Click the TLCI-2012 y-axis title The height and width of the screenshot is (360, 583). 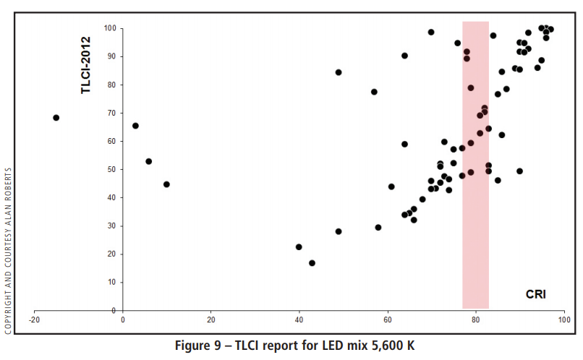click(x=86, y=65)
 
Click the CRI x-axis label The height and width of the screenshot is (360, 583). click(x=536, y=294)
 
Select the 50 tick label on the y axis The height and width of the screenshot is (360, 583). click(x=112, y=169)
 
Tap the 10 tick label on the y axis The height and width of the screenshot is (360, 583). click(x=112, y=282)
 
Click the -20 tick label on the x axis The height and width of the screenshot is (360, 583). click(x=34, y=319)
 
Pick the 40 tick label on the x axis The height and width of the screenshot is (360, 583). click(x=299, y=319)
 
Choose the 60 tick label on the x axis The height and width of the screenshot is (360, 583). click(x=388, y=319)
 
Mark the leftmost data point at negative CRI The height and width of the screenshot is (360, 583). click(x=56, y=118)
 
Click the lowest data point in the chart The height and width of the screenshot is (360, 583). click(x=312, y=263)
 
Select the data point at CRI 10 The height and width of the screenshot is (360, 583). click(x=166, y=184)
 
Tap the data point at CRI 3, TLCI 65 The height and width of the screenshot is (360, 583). click(x=135, y=126)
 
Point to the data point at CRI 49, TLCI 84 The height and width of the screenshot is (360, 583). click(x=339, y=72)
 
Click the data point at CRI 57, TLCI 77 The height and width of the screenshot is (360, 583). click(x=374, y=92)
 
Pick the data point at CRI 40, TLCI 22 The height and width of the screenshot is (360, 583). click(x=299, y=247)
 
